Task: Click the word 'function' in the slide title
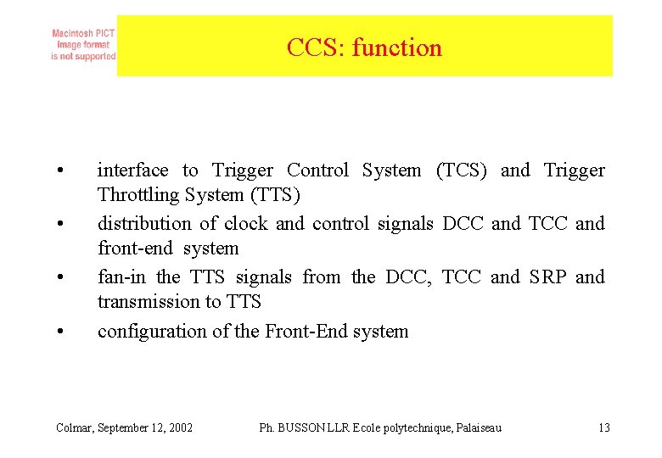point(396,47)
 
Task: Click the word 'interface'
point(132,170)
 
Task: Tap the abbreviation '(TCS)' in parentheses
point(461,170)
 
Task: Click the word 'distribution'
point(144,224)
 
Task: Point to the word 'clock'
point(245,224)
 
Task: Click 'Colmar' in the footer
point(74,427)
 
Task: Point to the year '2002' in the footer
point(179,427)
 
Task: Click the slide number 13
point(603,427)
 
